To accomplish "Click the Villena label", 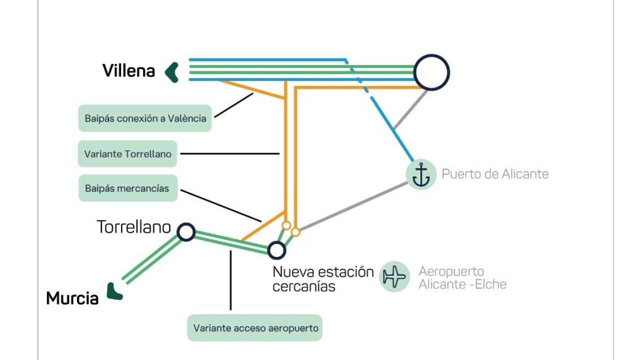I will point(128,71).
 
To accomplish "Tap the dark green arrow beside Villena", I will point(172,72).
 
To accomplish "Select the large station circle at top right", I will point(431,72).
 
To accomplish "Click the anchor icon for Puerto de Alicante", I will point(421,174).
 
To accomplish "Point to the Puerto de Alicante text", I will point(495,174).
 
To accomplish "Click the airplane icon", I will point(394,276).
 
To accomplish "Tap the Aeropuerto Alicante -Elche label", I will point(462,278).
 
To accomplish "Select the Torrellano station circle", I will point(186,232).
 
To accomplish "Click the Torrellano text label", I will point(134,227).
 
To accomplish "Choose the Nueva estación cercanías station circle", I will point(276,250).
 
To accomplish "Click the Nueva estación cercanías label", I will point(322,279).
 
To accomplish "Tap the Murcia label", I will point(72,298).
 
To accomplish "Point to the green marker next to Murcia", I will point(114,291).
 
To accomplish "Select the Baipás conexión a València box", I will point(145,118).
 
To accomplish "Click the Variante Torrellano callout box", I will point(127,154).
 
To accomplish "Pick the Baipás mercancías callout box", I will point(127,188).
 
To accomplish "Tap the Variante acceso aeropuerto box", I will point(254,328).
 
